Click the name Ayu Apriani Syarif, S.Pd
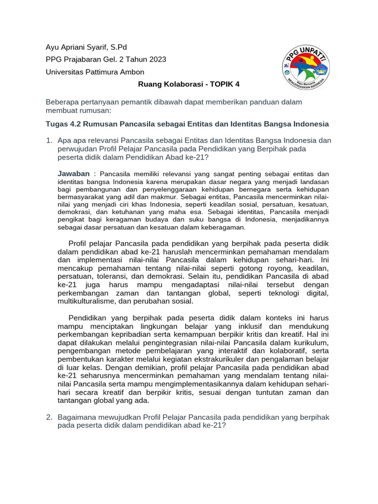click(86, 47)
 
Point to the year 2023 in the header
click(157, 60)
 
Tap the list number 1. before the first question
click(49, 141)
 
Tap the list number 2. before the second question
click(49, 417)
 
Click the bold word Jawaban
click(74, 174)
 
